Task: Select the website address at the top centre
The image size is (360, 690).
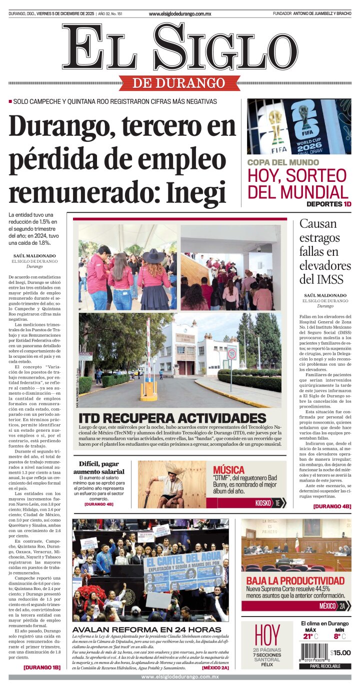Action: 180,14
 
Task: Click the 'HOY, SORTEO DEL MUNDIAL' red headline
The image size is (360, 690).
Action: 298,183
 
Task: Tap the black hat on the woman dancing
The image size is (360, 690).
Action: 153,256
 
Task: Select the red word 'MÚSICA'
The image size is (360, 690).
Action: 228,470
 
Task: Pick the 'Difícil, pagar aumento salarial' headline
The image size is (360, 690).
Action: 99,468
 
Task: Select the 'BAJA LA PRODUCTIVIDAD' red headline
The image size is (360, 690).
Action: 295,581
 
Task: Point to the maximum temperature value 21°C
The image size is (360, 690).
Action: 310,637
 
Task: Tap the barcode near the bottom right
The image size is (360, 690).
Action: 314,653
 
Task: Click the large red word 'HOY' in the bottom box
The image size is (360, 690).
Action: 266,635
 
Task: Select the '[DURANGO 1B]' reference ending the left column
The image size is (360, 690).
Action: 41,667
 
